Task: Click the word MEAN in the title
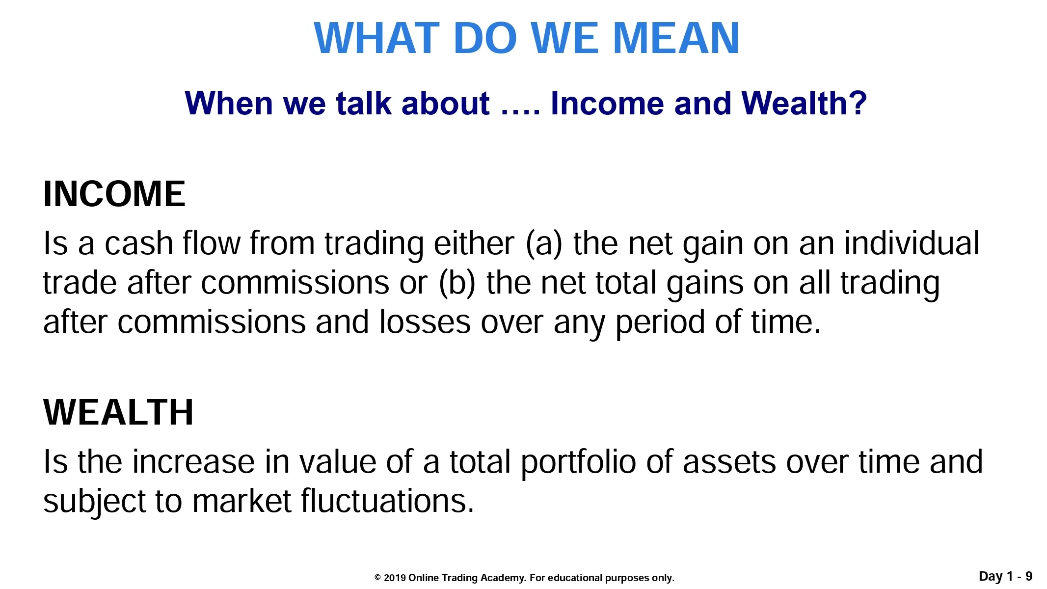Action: tap(676, 38)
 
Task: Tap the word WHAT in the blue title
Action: tap(376, 38)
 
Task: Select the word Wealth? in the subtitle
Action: tap(804, 103)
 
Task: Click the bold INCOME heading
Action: tap(114, 194)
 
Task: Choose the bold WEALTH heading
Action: tap(118, 412)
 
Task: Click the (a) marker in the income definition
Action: tap(544, 244)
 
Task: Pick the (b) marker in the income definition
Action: tap(457, 283)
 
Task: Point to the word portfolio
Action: tap(578, 463)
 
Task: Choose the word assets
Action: tap(729, 462)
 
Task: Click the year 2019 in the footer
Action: tap(395, 578)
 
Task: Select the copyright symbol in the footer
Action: tap(377, 578)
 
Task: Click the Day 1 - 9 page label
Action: tap(1006, 576)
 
